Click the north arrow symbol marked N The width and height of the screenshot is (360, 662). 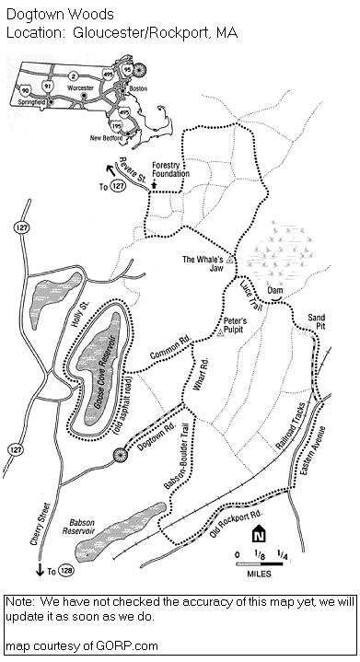click(260, 534)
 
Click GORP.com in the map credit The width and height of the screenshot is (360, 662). click(108, 646)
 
